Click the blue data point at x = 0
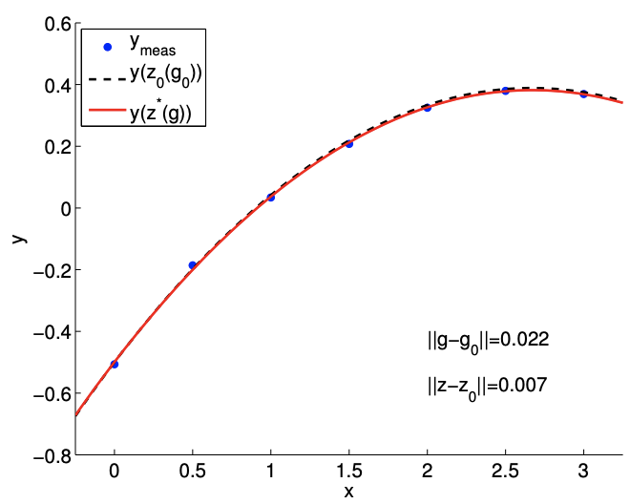pos(115,364)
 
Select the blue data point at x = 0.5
pos(192,264)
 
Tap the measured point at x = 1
pos(271,197)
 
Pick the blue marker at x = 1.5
pos(348,143)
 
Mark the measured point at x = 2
pos(427,107)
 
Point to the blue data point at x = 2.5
pos(505,90)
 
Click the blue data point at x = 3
pos(583,94)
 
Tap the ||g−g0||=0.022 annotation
pos(487,340)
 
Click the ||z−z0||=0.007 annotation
pos(487,386)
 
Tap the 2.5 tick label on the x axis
pos(505,472)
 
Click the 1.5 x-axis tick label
pos(348,472)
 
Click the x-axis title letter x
pos(348,492)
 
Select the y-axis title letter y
pos(18,237)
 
